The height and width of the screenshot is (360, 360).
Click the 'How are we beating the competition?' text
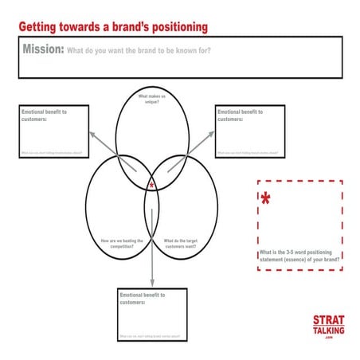point(122,243)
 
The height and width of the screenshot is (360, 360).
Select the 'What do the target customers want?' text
point(181,243)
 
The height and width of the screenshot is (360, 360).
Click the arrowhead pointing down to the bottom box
point(151,284)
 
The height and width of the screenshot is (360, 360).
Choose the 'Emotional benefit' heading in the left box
point(44,115)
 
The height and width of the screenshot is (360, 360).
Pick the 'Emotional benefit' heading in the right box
point(240,115)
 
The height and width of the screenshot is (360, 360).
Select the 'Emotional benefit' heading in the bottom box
point(142,299)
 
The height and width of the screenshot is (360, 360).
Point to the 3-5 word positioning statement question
point(300,256)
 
